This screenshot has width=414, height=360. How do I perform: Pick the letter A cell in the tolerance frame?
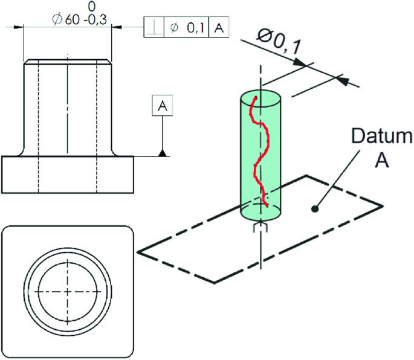pos(218,27)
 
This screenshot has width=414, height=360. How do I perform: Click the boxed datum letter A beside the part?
pos(161,106)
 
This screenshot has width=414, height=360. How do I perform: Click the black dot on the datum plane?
pos(315,209)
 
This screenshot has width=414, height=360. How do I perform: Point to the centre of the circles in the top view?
pos(68,291)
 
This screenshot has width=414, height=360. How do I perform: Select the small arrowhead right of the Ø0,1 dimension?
pos(343,79)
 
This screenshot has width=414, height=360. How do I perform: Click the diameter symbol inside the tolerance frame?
pos(175,27)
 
